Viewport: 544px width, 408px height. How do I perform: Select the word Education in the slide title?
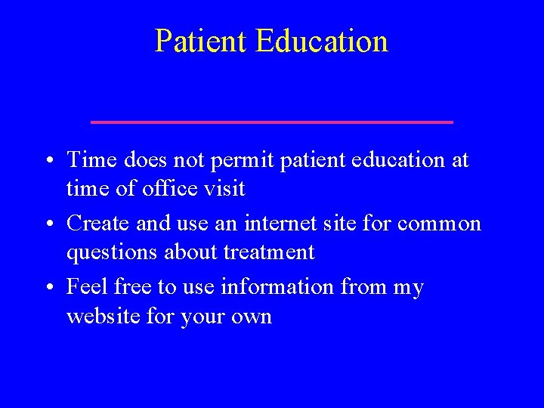322,41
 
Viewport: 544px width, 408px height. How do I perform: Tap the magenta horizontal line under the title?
271,122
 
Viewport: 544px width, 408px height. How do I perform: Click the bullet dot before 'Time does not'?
47,161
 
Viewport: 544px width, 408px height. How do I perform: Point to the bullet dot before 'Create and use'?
47,224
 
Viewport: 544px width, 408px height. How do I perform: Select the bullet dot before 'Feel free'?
47,288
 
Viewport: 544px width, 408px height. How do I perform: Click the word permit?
252,161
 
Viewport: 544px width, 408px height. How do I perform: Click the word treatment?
269,252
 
